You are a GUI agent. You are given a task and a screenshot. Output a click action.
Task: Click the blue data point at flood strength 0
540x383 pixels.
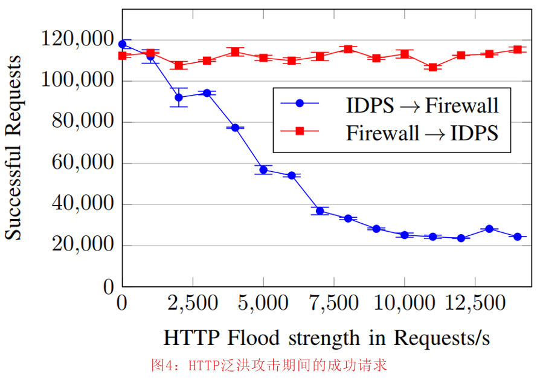[123, 44]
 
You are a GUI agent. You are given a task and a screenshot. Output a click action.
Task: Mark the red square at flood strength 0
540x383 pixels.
[123, 56]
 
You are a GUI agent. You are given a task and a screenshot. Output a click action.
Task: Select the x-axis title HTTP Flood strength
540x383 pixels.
[326, 338]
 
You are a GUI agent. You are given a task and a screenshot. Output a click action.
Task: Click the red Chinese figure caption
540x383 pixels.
[268, 365]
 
